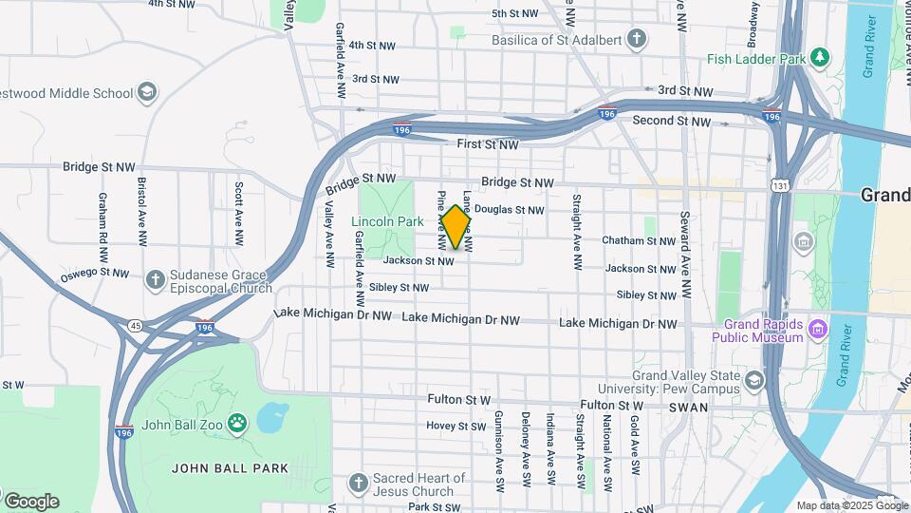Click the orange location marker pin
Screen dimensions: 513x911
[456, 227]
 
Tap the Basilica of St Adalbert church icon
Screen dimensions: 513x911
[637, 40]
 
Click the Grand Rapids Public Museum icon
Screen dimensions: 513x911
[817, 331]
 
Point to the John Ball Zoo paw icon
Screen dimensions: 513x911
[236, 423]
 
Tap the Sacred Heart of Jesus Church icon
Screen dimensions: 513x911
[358, 484]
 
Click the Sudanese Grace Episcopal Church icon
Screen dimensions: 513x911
[156, 280]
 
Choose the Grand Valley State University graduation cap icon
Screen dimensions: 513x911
[753, 381]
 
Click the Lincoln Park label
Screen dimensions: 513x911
[387, 222]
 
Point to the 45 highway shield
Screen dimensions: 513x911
[137, 326]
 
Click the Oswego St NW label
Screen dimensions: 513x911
[94, 274]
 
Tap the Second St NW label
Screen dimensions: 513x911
[672, 121]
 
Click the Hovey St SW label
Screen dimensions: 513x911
[455, 427]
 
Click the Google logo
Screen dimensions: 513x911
[32, 501]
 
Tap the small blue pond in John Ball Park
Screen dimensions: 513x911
[272, 416]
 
